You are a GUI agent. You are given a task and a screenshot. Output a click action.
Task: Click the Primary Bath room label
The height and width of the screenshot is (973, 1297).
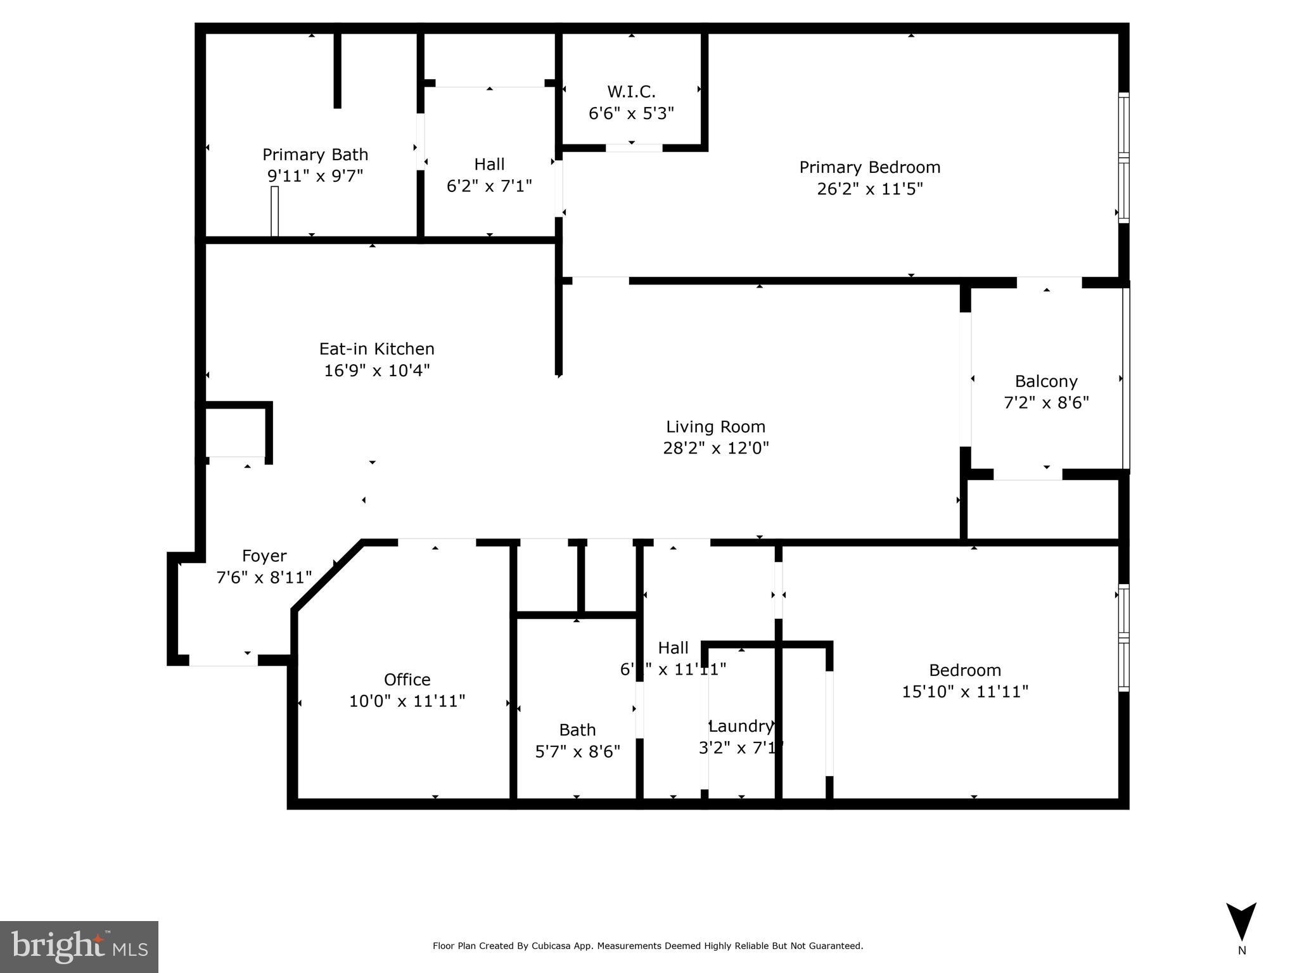pyautogui.click(x=315, y=155)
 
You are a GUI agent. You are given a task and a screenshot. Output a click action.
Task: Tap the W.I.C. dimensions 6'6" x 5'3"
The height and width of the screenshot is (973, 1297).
pyautogui.click(x=631, y=113)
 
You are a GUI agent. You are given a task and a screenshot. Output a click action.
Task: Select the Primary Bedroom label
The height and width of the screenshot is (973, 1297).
pyautogui.click(x=869, y=167)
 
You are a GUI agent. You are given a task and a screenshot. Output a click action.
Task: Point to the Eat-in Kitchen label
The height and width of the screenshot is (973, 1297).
pyautogui.click(x=376, y=349)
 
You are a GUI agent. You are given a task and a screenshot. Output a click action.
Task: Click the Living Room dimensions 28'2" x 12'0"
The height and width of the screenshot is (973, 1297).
pyautogui.click(x=715, y=448)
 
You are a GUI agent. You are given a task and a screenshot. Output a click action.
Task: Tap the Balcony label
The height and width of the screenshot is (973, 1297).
pyautogui.click(x=1046, y=381)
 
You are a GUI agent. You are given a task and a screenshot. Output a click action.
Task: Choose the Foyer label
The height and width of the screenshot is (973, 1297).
pyautogui.click(x=264, y=556)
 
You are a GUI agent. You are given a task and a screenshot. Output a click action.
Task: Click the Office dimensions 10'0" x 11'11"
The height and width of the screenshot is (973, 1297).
pyautogui.click(x=407, y=701)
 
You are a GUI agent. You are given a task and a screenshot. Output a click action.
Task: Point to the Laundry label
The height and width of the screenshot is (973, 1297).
pyautogui.click(x=741, y=726)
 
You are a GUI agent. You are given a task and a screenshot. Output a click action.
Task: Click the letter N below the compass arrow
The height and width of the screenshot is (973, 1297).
pyautogui.click(x=1241, y=950)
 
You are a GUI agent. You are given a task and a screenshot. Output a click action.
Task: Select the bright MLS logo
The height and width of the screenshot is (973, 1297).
pyautogui.click(x=79, y=946)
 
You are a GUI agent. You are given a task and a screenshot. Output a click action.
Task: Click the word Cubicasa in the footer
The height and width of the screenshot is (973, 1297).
pyautogui.click(x=549, y=946)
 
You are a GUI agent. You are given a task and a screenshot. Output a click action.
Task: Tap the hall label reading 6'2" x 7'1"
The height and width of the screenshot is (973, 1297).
pyautogui.click(x=489, y=186)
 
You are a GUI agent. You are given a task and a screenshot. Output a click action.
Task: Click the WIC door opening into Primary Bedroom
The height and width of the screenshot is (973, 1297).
pyautogui.click(x=634, y=148)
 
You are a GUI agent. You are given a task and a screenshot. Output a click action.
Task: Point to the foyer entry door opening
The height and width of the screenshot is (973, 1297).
pyautogui.click(x=223, y=660)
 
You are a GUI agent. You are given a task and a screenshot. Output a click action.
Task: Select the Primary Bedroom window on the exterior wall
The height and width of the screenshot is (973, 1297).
pyautogui.click(x=1123, y=158)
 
